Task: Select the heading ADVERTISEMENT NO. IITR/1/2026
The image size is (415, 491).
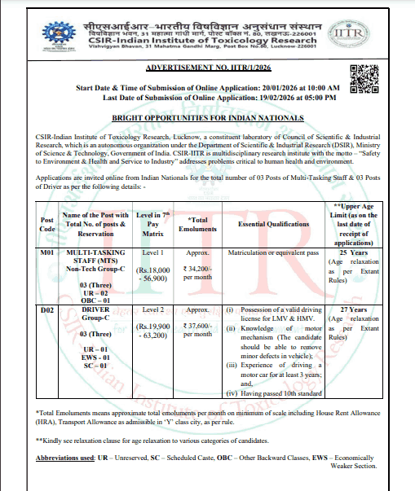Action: tap(207, 71)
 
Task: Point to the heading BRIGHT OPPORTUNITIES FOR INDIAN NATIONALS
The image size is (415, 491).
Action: tap(207, 118)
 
